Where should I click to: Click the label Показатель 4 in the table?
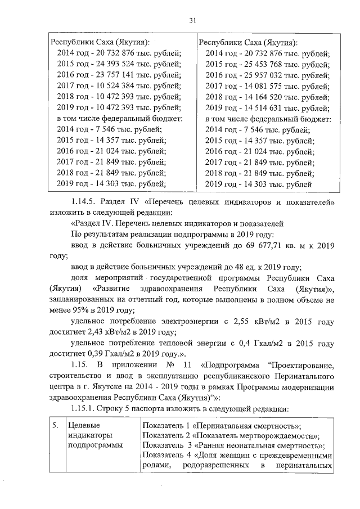(x=166, y=455)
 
